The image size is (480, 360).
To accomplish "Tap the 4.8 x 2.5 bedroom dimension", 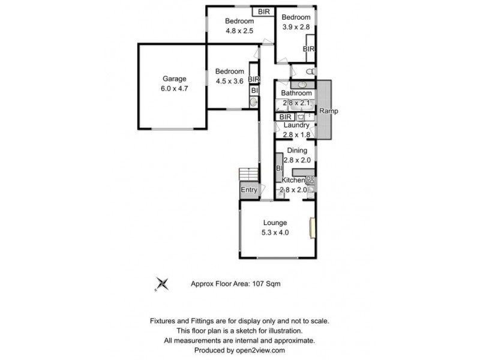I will (x=239, y=31).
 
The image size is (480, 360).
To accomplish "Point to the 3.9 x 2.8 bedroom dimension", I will (x=296, y=28).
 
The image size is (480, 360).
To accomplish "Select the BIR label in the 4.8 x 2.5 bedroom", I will (x=263, y=11).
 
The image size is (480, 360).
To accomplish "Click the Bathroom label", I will (x=296, y=94).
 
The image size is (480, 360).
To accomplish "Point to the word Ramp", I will (x=328, y=112).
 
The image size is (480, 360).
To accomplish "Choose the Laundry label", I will (x=296, y=125).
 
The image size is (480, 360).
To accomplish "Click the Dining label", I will (x=296, y=151).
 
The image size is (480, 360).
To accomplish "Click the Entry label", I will (x=248, y=190).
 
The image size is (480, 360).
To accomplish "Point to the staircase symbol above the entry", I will (x=248, y=174).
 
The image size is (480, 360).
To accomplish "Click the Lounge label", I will (x=274, y=223).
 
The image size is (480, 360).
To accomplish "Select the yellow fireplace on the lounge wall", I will (x=311, y=228).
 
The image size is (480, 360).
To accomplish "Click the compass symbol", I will (x=161, y=284).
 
